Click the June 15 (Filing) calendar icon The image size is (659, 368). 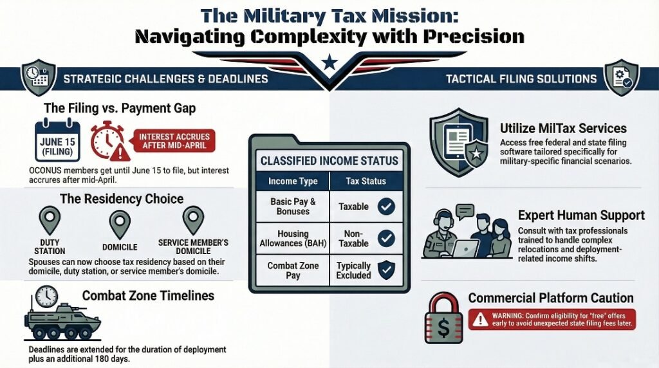point(57,140)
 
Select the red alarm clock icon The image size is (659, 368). point(107,141)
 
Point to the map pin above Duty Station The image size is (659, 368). point(50,221)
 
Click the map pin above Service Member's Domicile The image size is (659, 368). point(192,220)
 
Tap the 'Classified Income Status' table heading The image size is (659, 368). point(329,160)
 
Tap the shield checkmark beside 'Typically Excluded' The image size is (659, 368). point(386,270)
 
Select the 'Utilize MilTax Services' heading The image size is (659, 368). point(563,129)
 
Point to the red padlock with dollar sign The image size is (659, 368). point(443,319)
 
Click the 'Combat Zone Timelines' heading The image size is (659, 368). point(148,296)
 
